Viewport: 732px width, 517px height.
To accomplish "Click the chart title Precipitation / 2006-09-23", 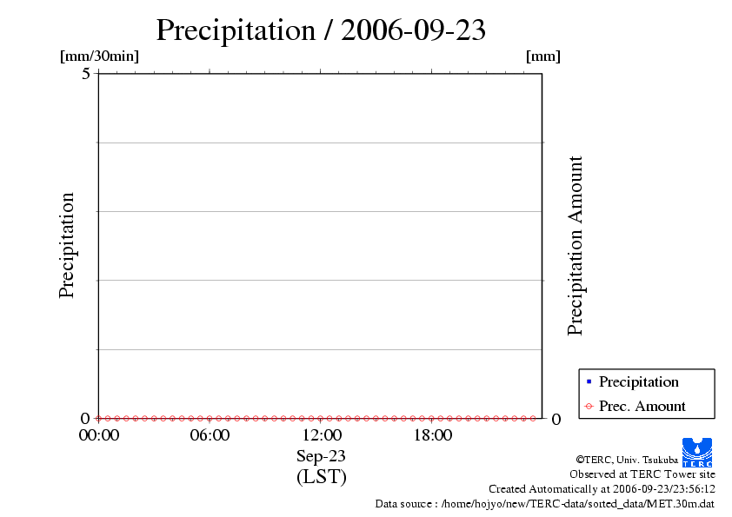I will click(321, 30).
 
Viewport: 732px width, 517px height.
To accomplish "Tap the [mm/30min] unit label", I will click(99, 56).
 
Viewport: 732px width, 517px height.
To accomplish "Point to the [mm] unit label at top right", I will click(543, 56).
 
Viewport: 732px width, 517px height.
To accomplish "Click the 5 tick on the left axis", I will click(86, 74).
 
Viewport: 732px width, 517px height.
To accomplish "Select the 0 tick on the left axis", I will click(86, 418).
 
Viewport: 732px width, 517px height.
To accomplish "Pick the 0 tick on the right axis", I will click(556, 419).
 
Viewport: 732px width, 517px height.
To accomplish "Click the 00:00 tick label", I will click(98, 435).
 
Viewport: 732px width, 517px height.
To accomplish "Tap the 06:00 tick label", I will click(210, 435).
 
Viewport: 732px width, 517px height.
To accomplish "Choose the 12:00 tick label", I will click(321, 435).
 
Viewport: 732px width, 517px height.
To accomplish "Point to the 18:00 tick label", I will click(432, 435).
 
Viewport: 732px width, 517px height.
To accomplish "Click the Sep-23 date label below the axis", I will click(321, 456).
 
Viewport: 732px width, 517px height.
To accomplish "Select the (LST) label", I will click(321, 477).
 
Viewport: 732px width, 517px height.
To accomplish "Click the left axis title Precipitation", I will click(67, 246).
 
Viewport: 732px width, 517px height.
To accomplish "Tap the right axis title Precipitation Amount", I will click(575, 246).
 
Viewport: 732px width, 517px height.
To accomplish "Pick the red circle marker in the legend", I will click(589, 407).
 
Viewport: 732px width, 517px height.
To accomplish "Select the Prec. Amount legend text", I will click(642, 407).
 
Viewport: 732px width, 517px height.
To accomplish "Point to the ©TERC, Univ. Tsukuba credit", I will click(627, 460).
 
